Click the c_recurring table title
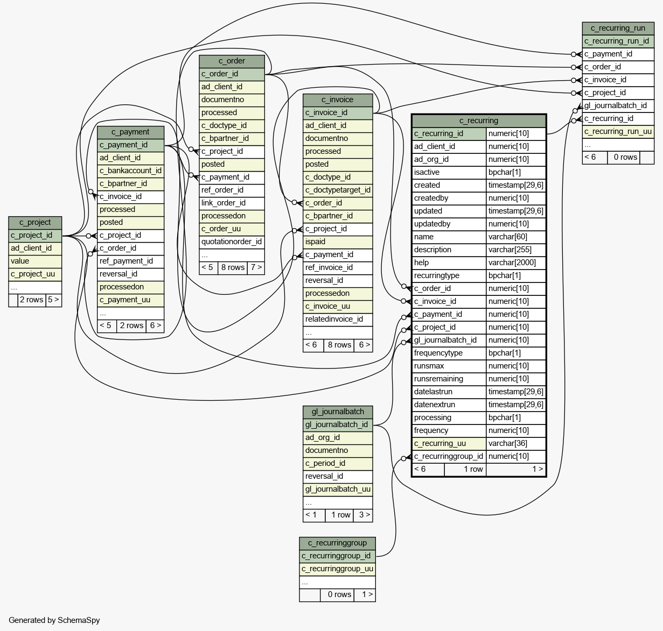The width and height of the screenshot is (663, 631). click(x=478, y=120)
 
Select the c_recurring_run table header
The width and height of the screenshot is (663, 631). click(x=618, y=29)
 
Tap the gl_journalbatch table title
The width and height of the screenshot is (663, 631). click(x=338, y=412)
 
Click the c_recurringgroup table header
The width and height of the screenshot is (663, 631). click(x=337, y=543)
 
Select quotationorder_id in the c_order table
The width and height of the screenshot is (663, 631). click(x=232, y=242)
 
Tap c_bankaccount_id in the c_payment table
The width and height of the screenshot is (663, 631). click(x=130, y=171)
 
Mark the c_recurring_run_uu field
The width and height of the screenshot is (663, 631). click(x=618, y=132)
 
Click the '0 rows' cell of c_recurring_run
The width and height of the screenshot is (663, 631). click(x=625, y=157)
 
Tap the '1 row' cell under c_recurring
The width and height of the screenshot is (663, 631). click(x=473, y=469)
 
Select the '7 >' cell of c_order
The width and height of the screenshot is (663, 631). click(x=256, y=267)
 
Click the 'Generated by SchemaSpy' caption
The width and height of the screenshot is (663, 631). click(x=54, y=620)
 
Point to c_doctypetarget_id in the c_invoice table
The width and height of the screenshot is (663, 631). click(x=338, y=190)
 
